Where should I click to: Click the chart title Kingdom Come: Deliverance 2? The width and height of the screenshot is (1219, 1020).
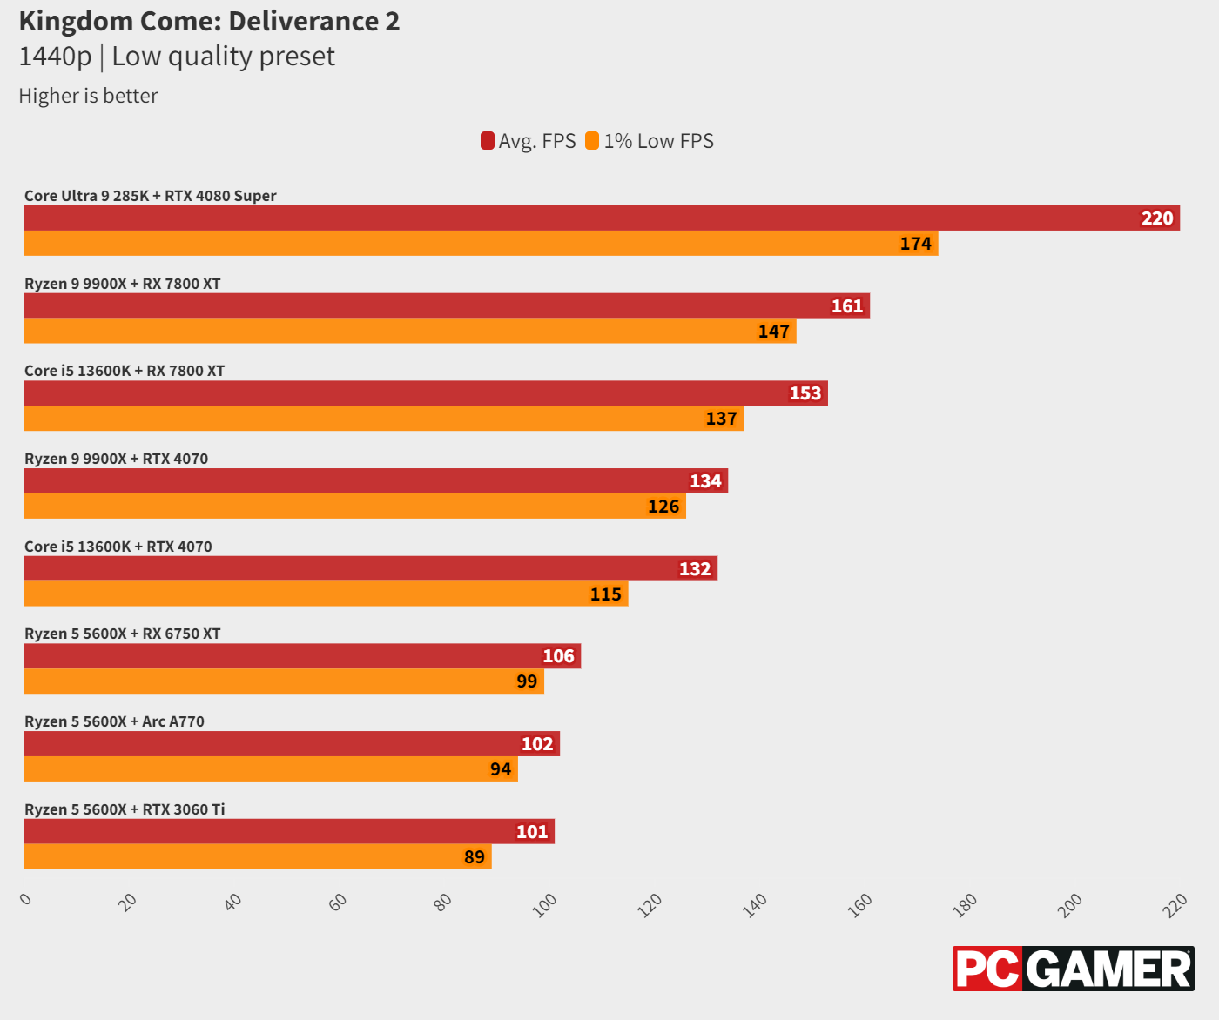click(209, 21)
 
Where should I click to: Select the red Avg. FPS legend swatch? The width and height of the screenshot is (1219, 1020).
click(488, 141)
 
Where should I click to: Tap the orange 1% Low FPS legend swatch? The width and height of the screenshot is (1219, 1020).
click(592, 141)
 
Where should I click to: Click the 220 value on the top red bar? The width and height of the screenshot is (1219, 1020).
click(1157, 218)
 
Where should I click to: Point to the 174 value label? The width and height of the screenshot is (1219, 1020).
click(915, 244)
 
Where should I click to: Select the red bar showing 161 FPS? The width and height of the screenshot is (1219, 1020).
click(446, 305)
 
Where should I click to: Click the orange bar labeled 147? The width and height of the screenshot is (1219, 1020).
click(409, 331)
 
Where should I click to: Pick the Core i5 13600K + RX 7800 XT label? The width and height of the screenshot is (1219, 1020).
click(125, 371)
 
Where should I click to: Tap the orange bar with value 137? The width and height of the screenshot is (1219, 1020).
click(383, 419)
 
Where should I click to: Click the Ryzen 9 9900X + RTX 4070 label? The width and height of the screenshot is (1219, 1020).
click(117, 459)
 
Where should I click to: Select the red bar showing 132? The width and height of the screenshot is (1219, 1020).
click(370, 568)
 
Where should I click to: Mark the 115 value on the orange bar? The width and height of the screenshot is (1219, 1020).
click(605, 594)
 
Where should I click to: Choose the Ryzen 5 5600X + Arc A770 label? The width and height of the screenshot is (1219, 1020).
click(114, 721)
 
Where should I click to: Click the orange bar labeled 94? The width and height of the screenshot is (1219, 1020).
click(270, 769)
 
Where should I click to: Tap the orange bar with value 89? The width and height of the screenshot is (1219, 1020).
click(257, 856)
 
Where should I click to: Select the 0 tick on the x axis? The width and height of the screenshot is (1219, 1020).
click(26, 899)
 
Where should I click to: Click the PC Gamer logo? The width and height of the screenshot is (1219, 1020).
click(1073, 969)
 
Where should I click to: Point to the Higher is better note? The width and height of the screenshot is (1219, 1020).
click(88, 96)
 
